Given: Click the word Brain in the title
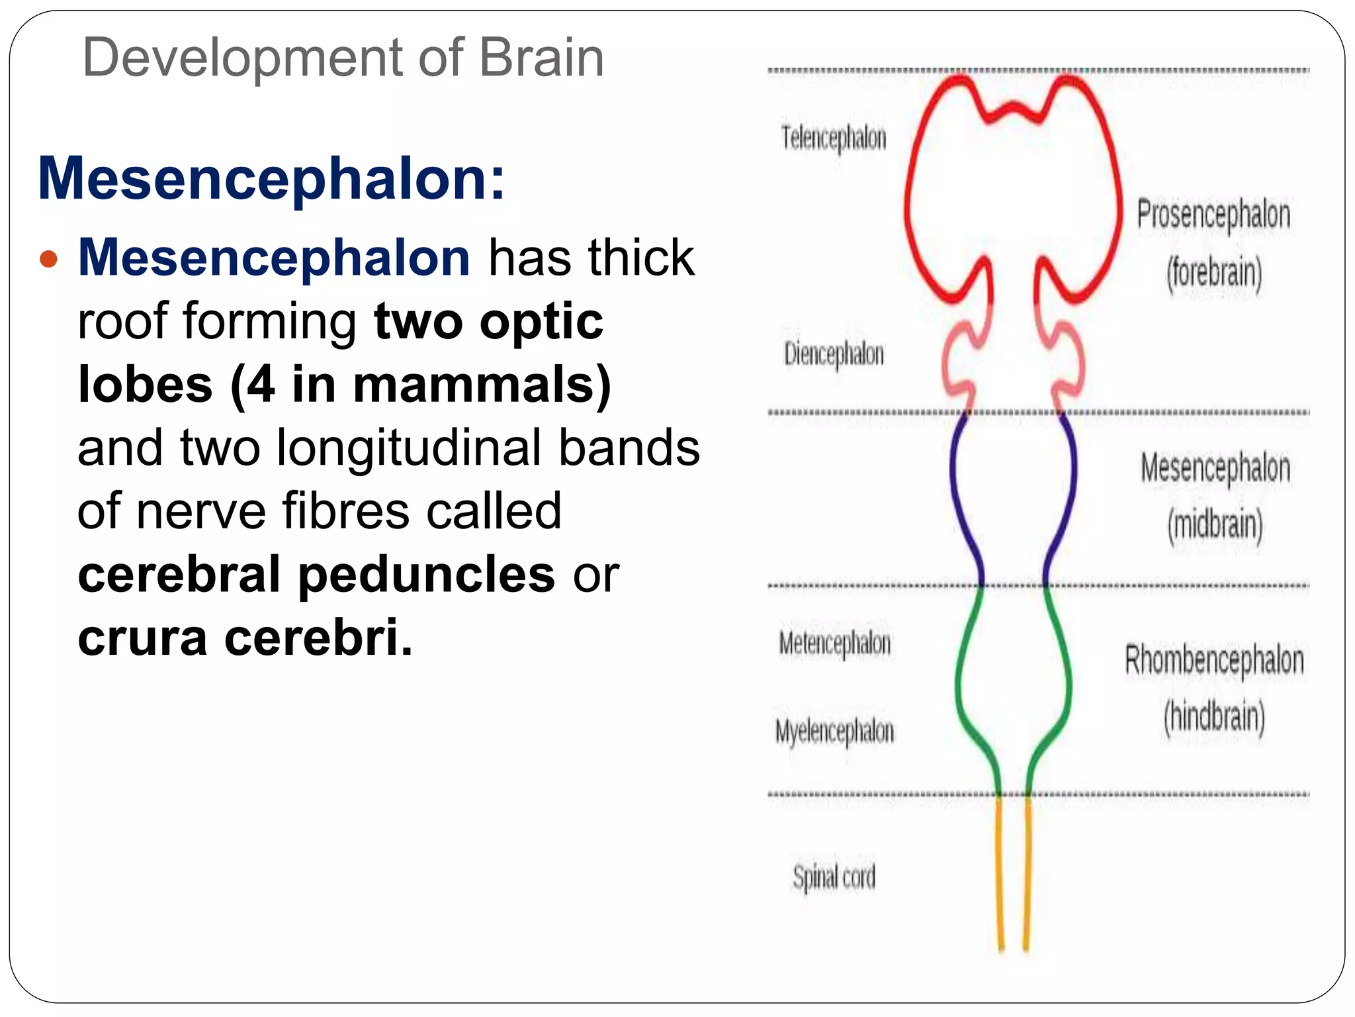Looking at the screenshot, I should pos(541,58).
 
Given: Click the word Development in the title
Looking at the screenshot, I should pos(242,58).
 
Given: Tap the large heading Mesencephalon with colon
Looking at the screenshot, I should pos(272,179).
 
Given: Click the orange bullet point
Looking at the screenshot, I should pos(49,258).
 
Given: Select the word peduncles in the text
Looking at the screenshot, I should pos(426,574).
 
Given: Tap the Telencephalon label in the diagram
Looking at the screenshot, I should pos(833,138).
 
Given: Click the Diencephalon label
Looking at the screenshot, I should pos(834,354).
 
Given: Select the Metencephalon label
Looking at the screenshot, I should pos(834,644).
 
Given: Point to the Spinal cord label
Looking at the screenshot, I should pos(834,878).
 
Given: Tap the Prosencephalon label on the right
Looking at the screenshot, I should pos(1213,215).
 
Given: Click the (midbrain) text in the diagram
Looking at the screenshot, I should pos(1215,525).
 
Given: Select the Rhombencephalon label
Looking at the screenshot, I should pos(1214,661).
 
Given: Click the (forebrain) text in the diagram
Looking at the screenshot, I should pos(1214,273).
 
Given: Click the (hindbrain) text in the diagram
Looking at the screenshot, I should pos(1214,717).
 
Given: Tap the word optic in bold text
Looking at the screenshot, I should pos(541,322).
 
